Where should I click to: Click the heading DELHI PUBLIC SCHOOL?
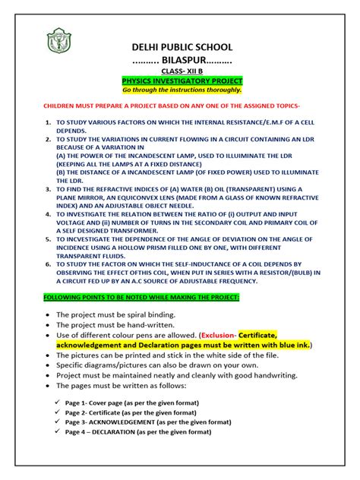click(182, 47)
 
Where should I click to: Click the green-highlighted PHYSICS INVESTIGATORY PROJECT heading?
click(182, 80)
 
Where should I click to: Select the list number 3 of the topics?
click(48, 188)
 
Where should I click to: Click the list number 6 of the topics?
click(48, 263)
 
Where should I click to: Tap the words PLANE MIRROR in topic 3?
click(79, 196)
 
